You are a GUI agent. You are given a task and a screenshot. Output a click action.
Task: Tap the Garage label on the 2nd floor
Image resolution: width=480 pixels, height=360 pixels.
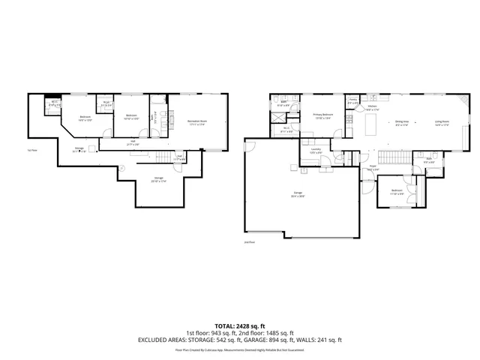(x=298, y=194)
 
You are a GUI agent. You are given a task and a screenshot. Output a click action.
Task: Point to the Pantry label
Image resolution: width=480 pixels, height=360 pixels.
(x=352, y=101)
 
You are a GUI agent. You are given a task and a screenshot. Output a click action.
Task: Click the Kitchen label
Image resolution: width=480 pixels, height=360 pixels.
(x=371, y=107)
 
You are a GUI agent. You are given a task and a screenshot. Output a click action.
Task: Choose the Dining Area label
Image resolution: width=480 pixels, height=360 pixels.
(x=401, y=121)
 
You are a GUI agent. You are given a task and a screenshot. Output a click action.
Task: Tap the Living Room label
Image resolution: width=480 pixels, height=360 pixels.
(x=441, y=121)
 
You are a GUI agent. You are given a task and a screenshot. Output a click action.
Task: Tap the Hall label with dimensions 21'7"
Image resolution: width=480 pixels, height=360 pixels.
(x=133, y=142)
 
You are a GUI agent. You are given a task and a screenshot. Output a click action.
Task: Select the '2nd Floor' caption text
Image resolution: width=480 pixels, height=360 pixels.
(x=250, y=242)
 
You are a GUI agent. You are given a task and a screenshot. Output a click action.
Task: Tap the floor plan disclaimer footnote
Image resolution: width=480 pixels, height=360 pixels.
(x=240, y=349)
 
